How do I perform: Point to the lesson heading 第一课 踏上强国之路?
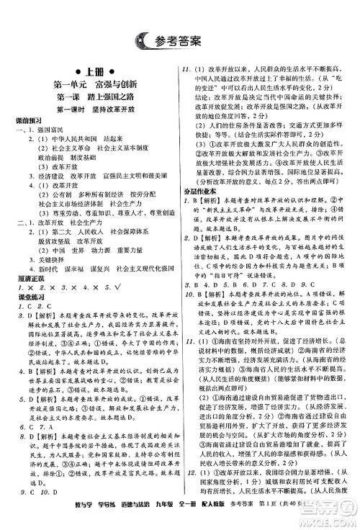89,96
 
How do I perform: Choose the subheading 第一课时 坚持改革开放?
89,109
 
